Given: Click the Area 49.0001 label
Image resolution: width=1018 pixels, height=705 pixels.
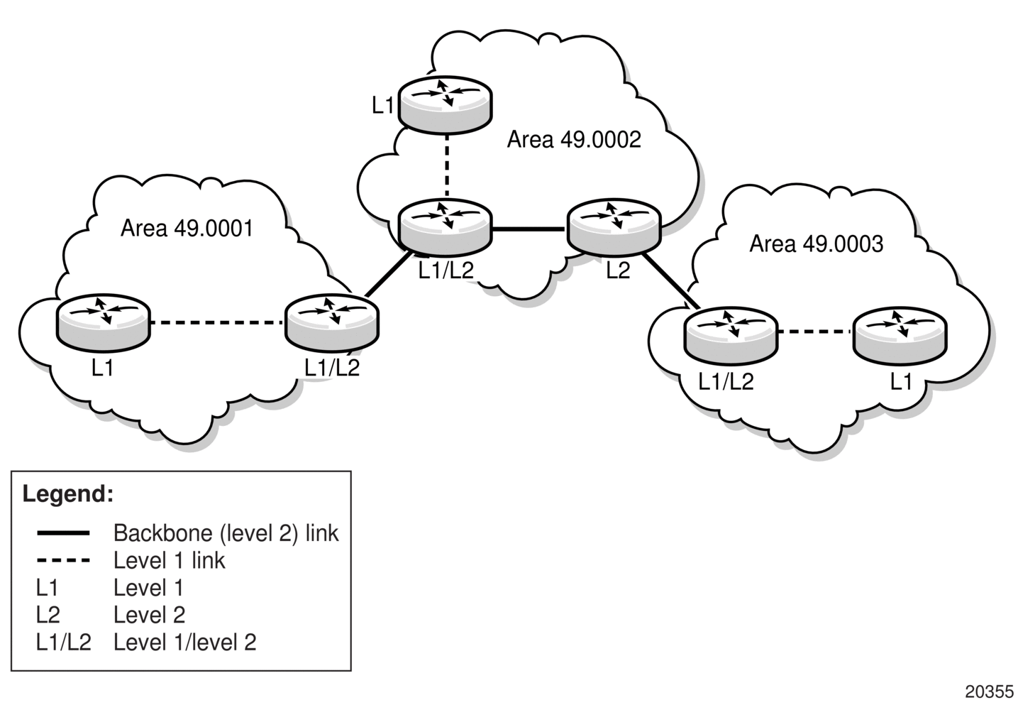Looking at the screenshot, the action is [187, 228].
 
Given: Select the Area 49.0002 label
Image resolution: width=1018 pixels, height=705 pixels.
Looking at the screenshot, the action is [574, 139].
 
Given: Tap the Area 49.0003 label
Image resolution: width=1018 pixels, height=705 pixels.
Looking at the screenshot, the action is [817, 244].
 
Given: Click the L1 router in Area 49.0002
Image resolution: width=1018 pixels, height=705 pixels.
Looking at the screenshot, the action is [446, 105].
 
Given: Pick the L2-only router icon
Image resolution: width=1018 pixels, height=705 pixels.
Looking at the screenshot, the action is [614, 226].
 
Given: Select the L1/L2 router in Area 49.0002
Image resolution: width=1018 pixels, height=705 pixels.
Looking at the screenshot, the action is [446, 226].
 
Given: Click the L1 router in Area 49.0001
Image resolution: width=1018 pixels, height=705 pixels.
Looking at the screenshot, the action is [103, 322].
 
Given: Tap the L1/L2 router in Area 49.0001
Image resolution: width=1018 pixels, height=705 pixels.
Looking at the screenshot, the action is [332, 322].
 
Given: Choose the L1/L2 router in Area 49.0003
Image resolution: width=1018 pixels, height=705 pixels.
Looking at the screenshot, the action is [731, 336].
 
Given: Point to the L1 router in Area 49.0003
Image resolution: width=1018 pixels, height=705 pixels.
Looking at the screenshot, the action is [900, 336].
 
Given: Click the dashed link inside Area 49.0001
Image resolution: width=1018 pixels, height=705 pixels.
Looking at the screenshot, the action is [217, 323].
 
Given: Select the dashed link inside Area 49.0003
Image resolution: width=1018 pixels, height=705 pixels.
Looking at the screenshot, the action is [815, 332].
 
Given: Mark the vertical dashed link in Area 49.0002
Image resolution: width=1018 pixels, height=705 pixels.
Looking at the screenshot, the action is [447, 165].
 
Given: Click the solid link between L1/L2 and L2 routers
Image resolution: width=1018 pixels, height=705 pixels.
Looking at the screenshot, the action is [530, 229].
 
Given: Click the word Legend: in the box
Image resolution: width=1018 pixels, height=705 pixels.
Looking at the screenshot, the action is [68, 493].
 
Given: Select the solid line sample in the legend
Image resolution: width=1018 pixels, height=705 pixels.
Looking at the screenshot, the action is [63, 533].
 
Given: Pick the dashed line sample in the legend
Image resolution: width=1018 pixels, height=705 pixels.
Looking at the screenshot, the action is [63, 560].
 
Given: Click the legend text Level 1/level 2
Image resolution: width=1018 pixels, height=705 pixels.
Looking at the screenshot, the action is [185, 643].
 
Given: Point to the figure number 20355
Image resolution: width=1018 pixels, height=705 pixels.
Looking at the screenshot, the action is [990, 692].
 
